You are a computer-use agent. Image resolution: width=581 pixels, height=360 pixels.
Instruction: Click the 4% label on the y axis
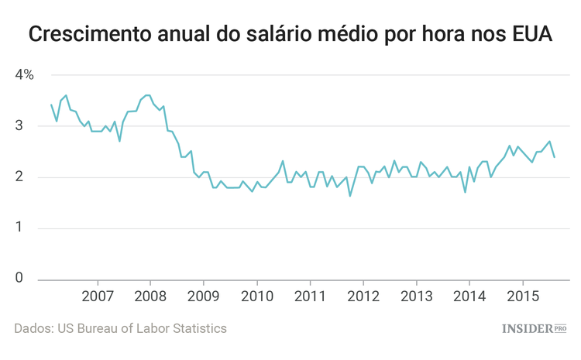click(x=24, y=75)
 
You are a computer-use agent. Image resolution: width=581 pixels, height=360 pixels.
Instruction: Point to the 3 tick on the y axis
click(x=19, y=126)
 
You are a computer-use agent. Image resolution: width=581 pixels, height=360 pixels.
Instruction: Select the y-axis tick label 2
click(x=19, y=177)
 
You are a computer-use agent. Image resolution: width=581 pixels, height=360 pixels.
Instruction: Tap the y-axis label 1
click(x=19, y=228)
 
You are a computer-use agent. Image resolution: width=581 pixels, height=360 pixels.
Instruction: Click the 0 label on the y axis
click(x=19, y=279)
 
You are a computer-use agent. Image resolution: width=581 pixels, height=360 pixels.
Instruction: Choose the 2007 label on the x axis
click(x=98, y=297)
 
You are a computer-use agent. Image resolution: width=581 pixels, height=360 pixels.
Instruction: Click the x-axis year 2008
click(x=150, y=297)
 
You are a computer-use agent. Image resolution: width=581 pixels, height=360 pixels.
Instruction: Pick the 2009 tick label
click(x=204, y=297)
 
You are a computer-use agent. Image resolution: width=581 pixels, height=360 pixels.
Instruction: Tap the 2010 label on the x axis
click(x=256, y=297)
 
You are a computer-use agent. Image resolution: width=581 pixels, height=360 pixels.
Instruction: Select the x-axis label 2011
click(x=310, y=297)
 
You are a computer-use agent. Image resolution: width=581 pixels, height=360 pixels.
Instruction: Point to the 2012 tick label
click(x=363, y=297)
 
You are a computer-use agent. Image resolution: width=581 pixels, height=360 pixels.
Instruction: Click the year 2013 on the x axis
click(x=416, y=297)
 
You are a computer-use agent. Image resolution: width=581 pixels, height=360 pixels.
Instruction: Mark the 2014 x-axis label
click(x=469, y=297)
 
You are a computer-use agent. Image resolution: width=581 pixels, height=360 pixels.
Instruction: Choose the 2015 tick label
click(x=522, y=297)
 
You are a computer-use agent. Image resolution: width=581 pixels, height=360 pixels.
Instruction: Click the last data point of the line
click(x=554, y=157)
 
